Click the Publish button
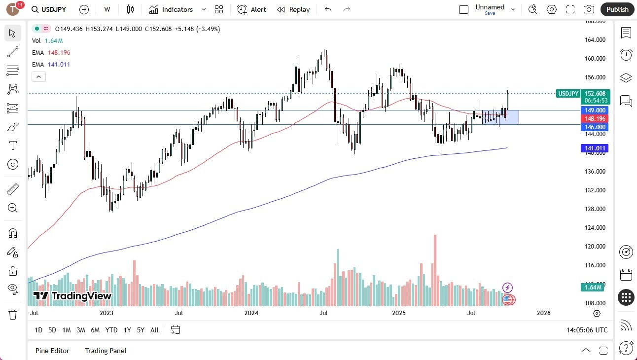point(617,9)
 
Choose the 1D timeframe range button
point(38,330)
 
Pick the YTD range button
point(111,330)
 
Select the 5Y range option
point(141,330)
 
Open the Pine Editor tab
point(52,351)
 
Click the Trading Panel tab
point(106,351)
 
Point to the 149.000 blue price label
point(595,110)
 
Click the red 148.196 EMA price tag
point(595,118)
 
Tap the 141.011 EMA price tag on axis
point(595,148)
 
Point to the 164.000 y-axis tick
point(595,40)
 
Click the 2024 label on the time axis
point(251,313)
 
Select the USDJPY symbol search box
point(49,9)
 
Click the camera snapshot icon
point(589,9)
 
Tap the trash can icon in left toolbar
point(13,314)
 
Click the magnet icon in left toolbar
point(13,233)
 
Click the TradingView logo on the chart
point(72,296)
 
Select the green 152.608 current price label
point(595,93)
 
